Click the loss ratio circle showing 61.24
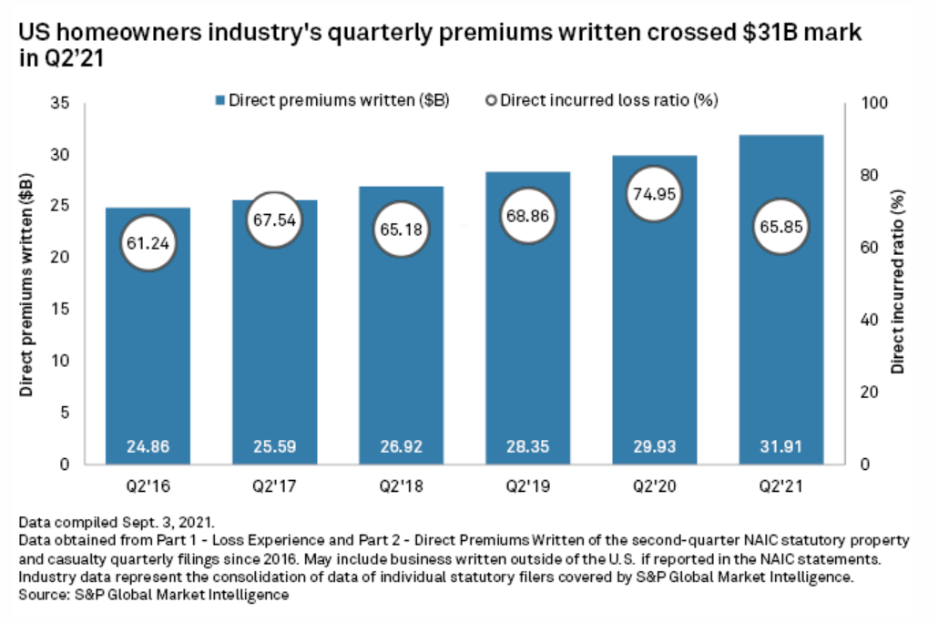(148, 243)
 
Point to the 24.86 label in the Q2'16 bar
(148, 447)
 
